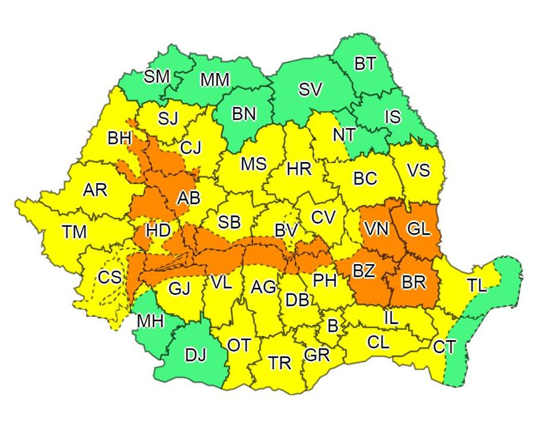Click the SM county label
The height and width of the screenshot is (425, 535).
(x=157, y=77)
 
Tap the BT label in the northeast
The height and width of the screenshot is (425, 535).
(x=365, y=64)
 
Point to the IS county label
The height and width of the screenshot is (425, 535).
(x=393, y=116)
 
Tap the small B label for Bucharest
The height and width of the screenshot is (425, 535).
(x=333, y=325)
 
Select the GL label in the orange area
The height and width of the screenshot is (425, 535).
(x=419, y=229)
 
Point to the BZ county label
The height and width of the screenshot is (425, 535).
(x=364, y=271)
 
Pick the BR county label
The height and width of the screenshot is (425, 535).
(x=413, y=282)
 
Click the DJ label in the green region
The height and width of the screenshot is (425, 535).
(x=196, y=356)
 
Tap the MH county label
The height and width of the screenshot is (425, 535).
(x=150, y=321)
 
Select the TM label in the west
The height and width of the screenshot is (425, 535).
(x=75, y=231)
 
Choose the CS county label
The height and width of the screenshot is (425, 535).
(x=110, y=277)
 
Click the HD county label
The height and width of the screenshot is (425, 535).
(x=158, y=230)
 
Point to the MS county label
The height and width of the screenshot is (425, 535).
(x=253, y=164)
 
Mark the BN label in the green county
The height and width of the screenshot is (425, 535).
(x=244, y=114)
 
